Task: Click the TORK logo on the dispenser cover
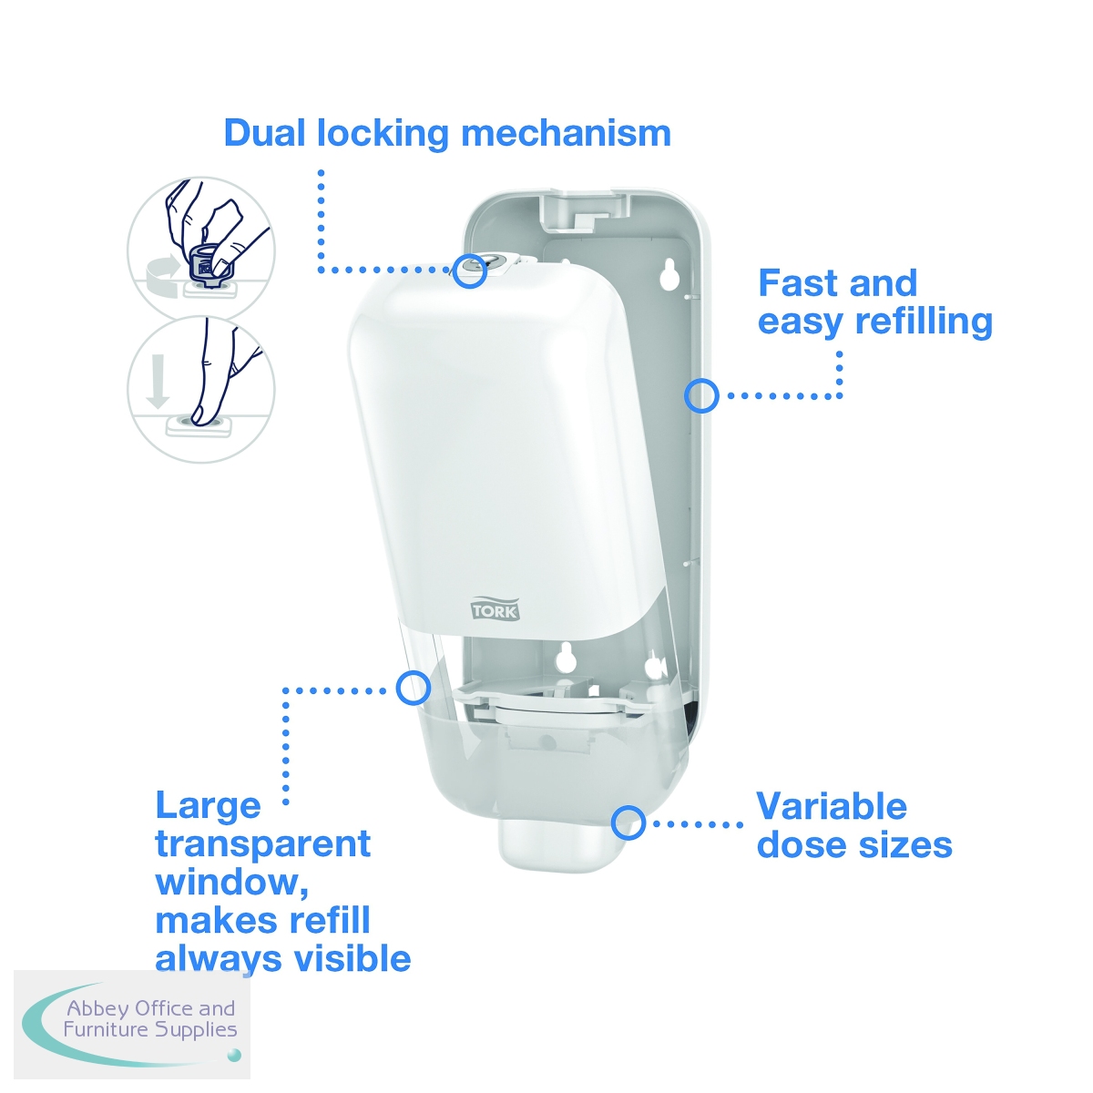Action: [x=494, y=608]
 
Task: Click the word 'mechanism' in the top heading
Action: [x=566, y=134]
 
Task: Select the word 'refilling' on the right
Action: [x=924, y=322]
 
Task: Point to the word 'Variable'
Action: [x=832, y=806]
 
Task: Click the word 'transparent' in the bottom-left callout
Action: [x=263, y=844]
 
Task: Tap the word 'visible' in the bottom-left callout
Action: [x=352, y=959]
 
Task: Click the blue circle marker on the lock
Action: [x=469, y=271]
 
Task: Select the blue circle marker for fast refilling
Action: [x=701, y=395]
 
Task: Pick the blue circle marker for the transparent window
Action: [x=413, y=688]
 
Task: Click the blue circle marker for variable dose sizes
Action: [x=628, y=822]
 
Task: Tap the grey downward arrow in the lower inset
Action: [x=157, y=381]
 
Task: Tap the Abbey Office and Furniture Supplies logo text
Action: [x=150, y=1019]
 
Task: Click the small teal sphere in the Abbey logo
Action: [x=234, y=1055]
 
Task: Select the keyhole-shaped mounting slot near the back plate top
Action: [x=669, y=273]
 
